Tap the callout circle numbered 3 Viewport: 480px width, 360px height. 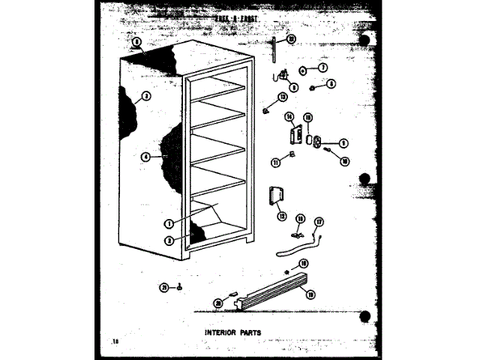146,96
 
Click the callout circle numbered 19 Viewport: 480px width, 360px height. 310,295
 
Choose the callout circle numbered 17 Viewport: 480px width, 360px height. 318,222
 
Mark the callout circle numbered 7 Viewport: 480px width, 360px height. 322,67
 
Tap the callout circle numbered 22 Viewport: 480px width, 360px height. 292,39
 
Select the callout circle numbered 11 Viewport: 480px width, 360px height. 275,161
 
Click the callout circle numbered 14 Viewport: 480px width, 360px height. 289,117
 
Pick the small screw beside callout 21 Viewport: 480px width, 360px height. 180,286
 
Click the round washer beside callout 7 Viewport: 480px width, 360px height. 301,70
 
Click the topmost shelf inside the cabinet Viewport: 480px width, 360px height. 217,93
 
